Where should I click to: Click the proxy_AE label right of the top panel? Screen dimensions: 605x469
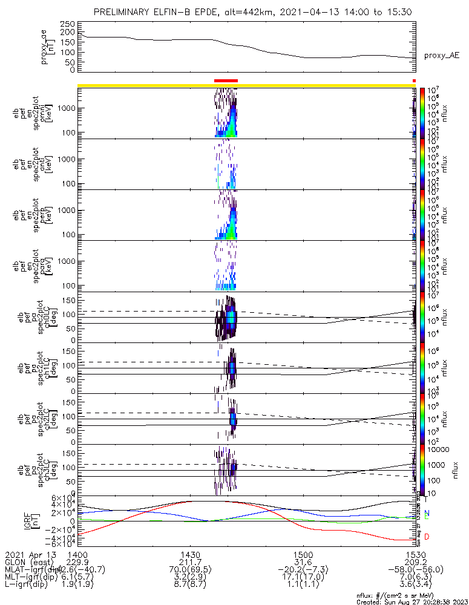coord(441,56)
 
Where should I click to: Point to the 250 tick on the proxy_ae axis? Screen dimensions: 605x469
coord(68,24)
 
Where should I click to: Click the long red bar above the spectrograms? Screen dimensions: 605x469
coord(226,80)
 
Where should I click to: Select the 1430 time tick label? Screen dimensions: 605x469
coord(191,554)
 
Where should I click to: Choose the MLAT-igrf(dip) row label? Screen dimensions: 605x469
coord(31,569)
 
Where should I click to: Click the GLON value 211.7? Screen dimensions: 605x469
coord(191,561)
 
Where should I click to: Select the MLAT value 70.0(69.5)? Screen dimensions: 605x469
coord(191,569)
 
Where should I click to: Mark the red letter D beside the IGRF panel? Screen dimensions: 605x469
coord(427,537)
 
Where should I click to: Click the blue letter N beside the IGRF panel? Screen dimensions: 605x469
coord(427,513)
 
